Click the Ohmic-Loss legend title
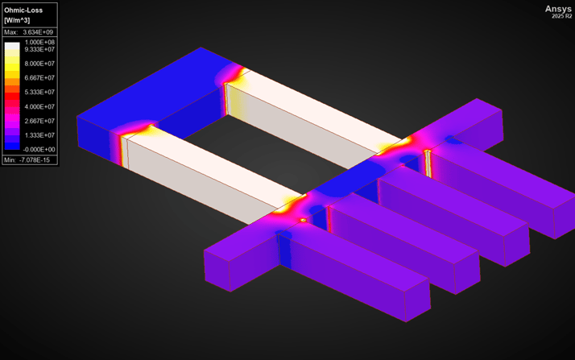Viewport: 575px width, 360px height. [23, 10]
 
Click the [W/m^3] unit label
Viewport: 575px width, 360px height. [19, 19]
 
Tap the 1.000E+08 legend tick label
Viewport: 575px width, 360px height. [39, 42]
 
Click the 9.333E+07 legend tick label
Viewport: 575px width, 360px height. [39, 49]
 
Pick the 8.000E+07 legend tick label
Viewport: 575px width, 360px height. [39, 64]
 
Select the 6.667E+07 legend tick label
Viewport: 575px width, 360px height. [39, 78]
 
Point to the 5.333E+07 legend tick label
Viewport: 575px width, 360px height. [39, 92]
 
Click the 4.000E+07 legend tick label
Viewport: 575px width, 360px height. [39, 106]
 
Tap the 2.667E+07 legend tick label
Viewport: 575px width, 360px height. [39, 121]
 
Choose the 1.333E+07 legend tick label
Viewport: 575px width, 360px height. [39, 135]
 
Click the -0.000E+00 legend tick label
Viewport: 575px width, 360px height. [39, 149]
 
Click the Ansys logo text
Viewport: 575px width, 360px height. [557, 9]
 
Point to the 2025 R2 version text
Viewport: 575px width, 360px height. [561, 17]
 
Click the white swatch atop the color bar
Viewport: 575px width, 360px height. [12, 47]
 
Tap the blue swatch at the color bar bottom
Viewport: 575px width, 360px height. [12, 146]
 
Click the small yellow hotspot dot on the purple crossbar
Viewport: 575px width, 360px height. [303, 220]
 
